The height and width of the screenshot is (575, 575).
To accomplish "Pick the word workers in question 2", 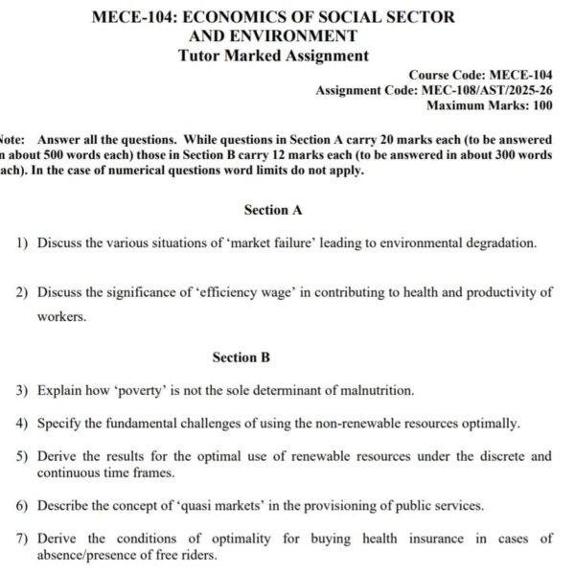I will click(61, 316).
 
